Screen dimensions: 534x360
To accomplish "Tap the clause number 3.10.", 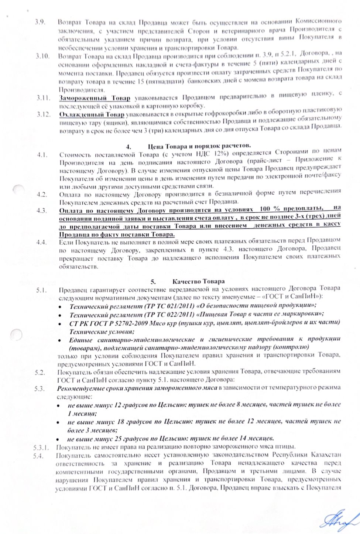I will [x=42, y=56].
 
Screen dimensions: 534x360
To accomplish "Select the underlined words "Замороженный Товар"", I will [x=95, y=98].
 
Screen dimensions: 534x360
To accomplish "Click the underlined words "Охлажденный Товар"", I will [x=92, y=114].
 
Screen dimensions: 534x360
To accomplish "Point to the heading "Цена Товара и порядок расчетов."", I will [x=199, y=146].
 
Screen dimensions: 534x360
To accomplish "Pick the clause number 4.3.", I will [x=42, y=211].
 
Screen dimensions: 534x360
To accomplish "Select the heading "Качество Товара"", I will [x=198, y=281].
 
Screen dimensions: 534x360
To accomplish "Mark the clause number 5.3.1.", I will [x=41, y=447].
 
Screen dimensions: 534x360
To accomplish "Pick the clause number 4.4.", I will [x=42, y=243].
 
